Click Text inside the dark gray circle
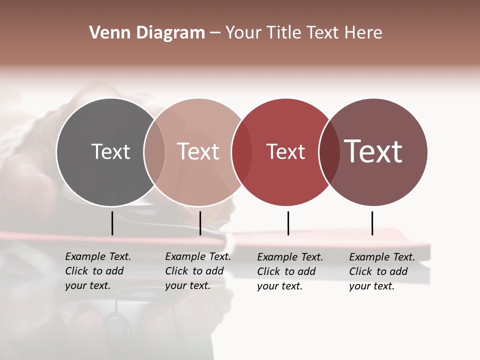110,151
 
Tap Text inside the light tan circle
198,151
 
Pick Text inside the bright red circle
285,152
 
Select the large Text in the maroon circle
373,151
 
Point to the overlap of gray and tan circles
154,152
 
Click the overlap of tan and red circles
241,152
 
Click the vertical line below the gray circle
112,223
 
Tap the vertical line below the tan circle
200,223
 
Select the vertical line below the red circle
288,223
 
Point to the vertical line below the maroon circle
372,223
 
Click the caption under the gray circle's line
98,271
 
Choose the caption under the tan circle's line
198,271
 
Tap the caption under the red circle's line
290,271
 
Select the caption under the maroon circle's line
382,271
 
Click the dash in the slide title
215,33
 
